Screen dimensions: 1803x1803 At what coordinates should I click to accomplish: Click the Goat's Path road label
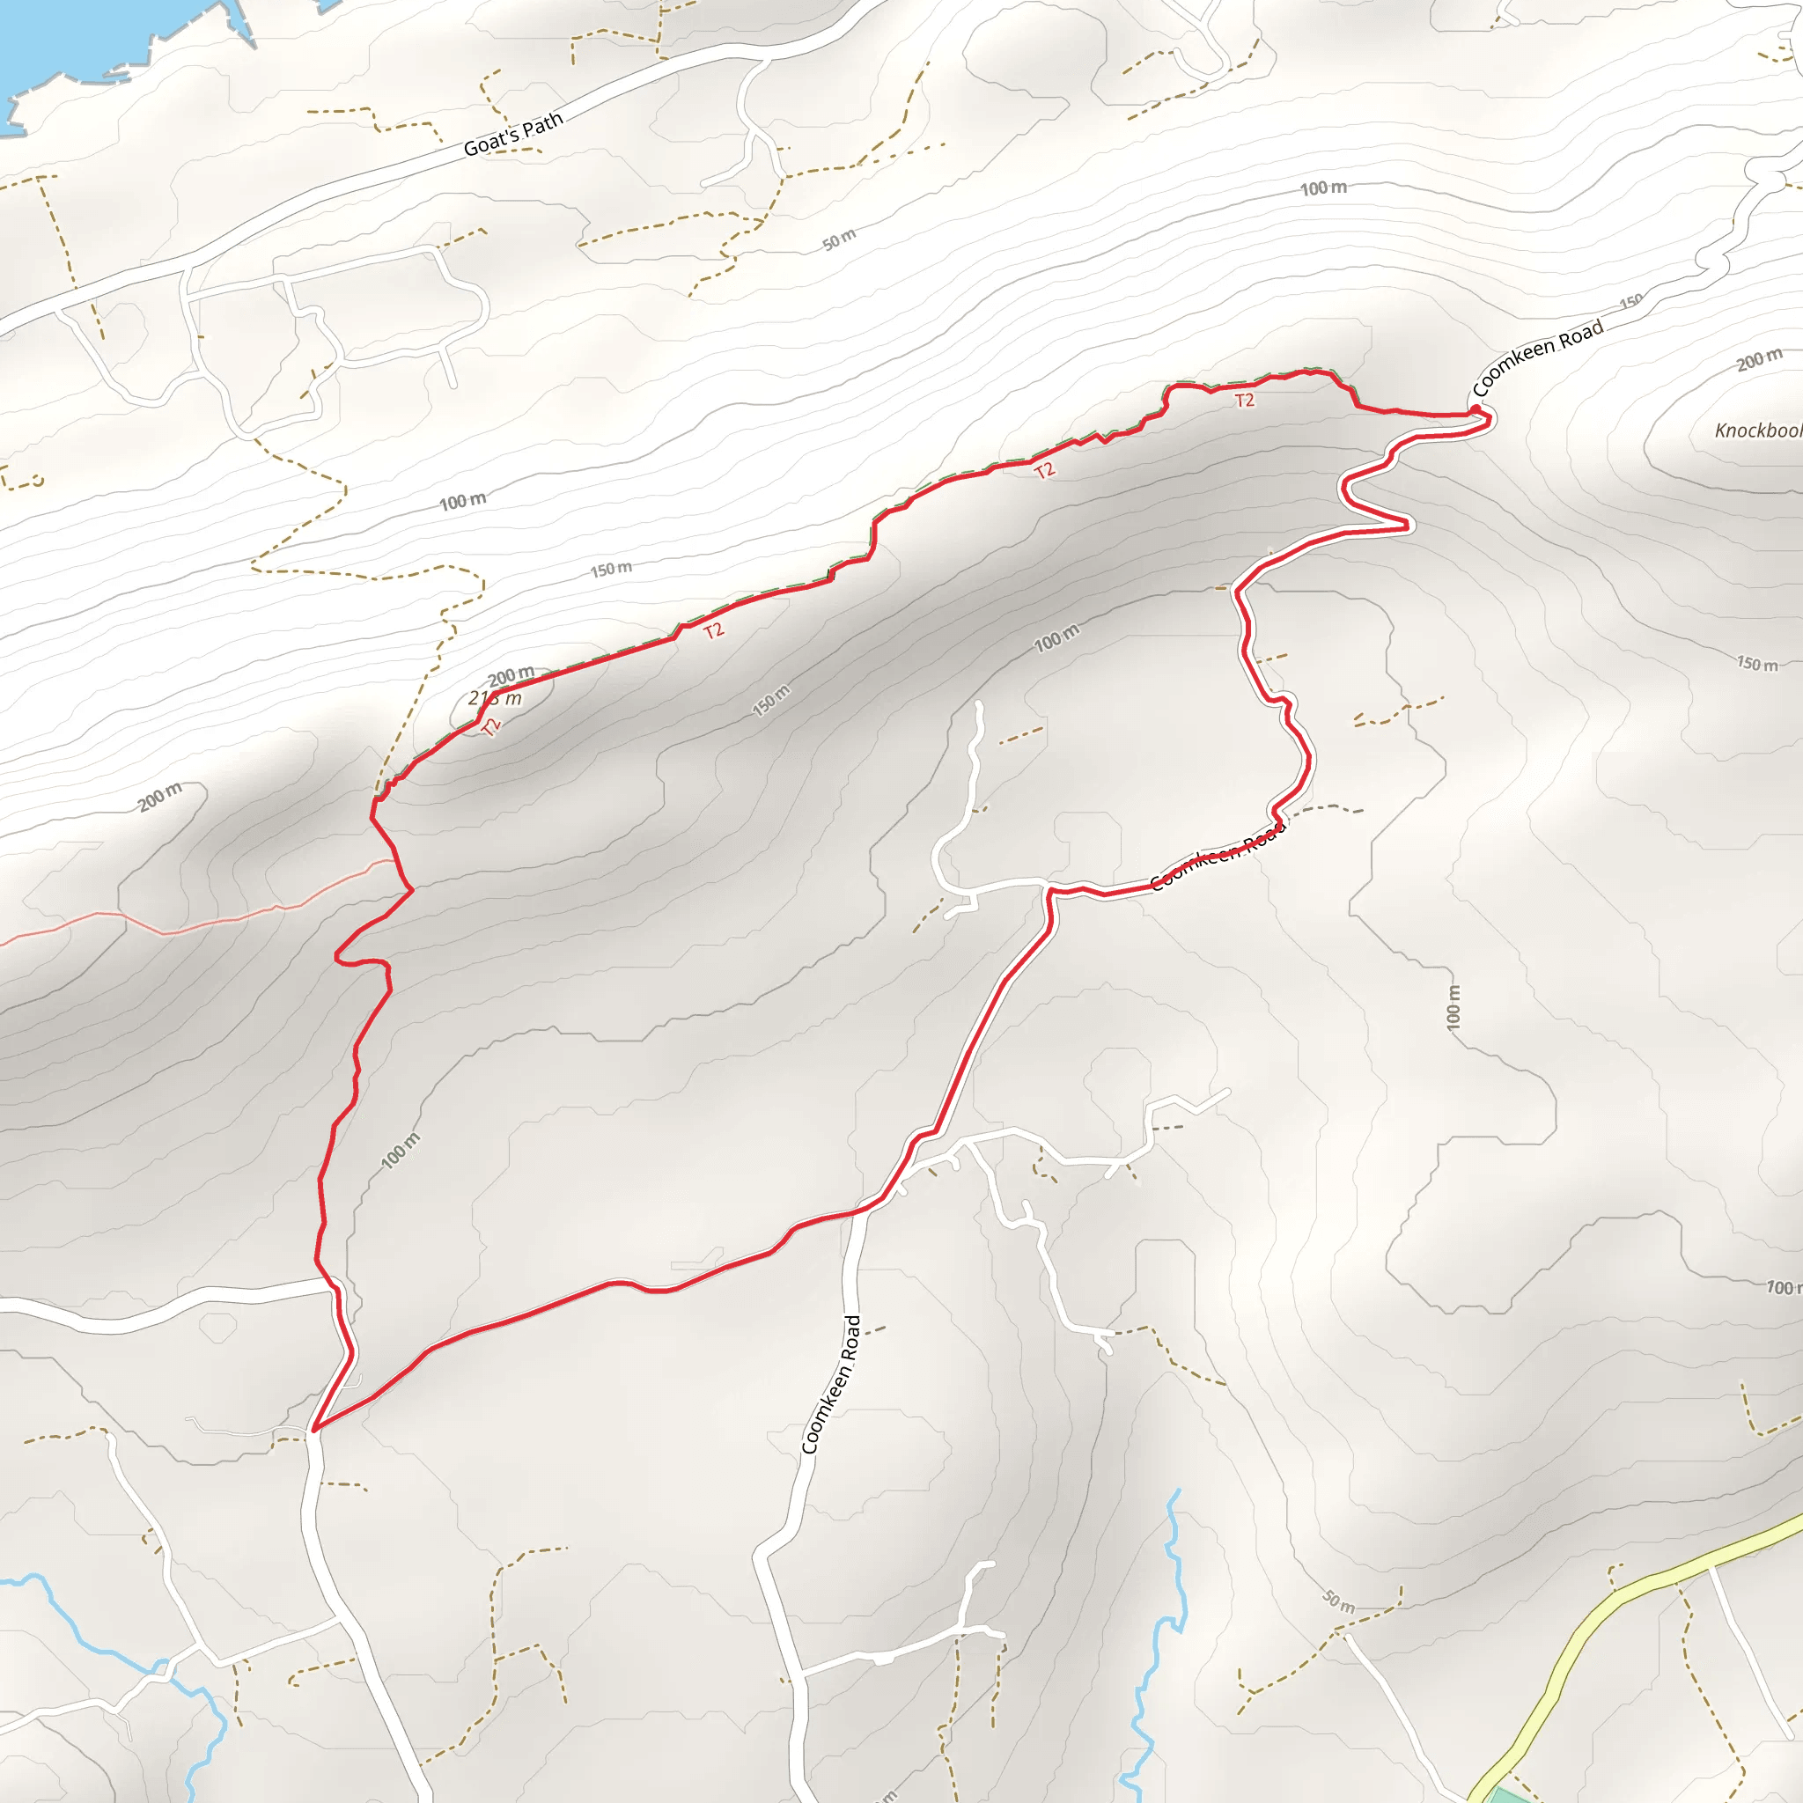(x=513, y=135)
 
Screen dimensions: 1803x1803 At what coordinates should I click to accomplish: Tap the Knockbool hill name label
(x=1758, y=431)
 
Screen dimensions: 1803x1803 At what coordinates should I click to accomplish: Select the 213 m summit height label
(x=495, y=698)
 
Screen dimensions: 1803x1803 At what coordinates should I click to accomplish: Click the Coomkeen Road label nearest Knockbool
(x=1537, y=356)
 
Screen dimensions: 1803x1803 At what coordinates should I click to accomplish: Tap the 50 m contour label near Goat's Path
(x=839, y=239)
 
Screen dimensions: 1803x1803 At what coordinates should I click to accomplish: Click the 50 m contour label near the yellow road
(x=1339, y=1601)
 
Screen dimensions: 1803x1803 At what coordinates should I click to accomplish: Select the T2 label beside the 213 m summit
(x=493, y=727)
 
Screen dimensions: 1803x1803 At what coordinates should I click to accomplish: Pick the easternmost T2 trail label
(x=1244, y=401)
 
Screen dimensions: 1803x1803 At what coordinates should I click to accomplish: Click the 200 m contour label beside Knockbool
(x=1759, y=359)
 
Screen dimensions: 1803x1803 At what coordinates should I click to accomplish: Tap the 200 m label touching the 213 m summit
(x=511, y=674)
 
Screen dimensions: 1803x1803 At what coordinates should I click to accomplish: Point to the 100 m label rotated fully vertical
(x=1453, y=1008)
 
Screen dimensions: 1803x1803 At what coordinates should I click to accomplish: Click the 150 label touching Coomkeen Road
(x=1631, y=301)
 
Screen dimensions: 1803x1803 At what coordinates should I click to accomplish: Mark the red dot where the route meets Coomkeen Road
(x=1476, y=409)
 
